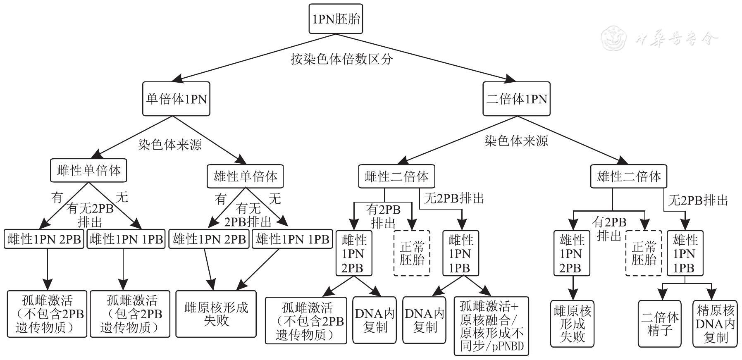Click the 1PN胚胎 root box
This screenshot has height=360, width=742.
[x=336, y=19]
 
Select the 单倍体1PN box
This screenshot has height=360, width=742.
[x=176, y=99]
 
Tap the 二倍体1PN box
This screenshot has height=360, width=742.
[x=516, y=99]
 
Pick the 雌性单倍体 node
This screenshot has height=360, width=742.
[x=88, y=170]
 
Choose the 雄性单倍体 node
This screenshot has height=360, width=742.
[x=245, y=176]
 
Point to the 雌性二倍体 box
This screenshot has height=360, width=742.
[x=396, y=176]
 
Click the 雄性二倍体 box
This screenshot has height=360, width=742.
[x=629, y=176]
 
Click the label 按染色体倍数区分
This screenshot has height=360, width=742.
[x=341, y=59]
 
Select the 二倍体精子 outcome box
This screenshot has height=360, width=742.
[x=659, y=323]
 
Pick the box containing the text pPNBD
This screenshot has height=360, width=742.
[x=491, y=326]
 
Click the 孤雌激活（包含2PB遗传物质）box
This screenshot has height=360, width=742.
[x=130, y=314]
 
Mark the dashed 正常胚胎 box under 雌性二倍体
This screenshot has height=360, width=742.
[x=412, y=253]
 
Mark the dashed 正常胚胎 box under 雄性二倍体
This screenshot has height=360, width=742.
[x=643, y=253]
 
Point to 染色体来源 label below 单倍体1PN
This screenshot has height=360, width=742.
[x=170, y=144]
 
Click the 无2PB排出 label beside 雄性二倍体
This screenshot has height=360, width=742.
[x=698, y=200]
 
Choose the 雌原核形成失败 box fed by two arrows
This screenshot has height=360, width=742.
[x=216, y=314]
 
